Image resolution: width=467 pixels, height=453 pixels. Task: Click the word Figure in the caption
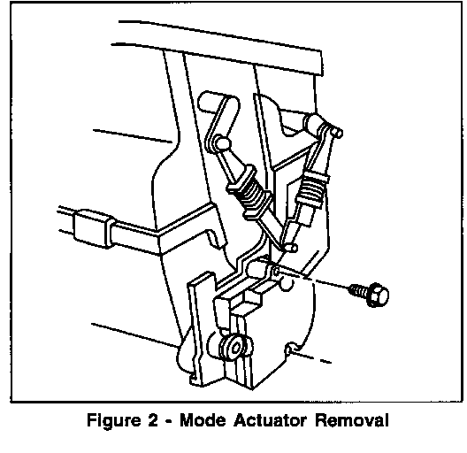(114, 421)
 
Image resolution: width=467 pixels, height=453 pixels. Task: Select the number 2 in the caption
(152, 420)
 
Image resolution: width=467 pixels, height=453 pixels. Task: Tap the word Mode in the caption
(203, 420)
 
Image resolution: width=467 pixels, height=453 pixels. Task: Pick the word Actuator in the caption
(270, 420)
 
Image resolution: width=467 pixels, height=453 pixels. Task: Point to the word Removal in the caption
(352, 420)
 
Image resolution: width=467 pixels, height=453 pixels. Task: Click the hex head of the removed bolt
(379, 295)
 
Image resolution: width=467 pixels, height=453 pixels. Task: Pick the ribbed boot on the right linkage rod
(313, 188)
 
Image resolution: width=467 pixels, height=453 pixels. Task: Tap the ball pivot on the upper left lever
(223, 143)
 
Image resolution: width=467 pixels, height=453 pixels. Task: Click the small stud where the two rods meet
(291, 247)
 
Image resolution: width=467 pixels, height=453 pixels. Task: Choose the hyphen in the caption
(169, 422)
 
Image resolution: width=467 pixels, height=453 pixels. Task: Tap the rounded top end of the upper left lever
(205, 101)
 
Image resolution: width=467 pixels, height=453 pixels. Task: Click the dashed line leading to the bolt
(313, 280)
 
